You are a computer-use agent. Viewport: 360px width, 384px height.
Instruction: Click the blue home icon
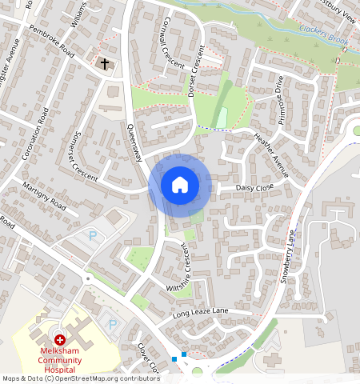pyautogui.click(x=180, y=185)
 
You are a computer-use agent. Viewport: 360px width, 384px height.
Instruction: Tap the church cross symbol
pyautogui.click(x=105, y=62)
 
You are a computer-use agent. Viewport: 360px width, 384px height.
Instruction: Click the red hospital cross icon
pyautogui.click(x=60, y=340)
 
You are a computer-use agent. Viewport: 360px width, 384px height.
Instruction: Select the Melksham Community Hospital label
pyautogui.click(x=59, y=361)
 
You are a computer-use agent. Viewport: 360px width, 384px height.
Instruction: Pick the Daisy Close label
pyautogui.click(x=254, y=187)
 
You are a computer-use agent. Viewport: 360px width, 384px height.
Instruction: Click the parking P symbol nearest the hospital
pyautogui.click(x=113, y=325)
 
